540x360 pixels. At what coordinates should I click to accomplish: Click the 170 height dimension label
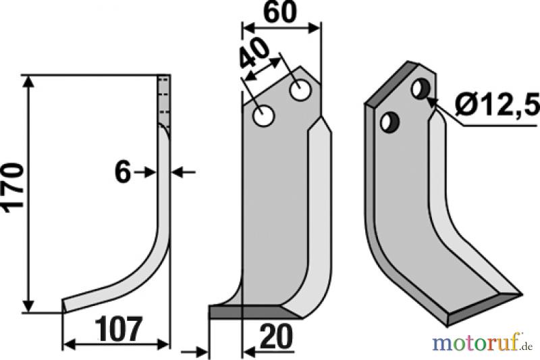click(x=13, y=188)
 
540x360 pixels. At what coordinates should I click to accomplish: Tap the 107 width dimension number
click(x=118, y=329)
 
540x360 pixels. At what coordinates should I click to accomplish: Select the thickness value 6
click(x=123, y=173)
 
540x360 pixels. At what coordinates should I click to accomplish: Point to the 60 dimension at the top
click(x=279, y=12)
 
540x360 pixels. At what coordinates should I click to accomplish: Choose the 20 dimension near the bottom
click(x=276, y=336)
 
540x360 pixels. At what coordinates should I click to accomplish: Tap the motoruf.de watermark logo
click(x=483, y=343)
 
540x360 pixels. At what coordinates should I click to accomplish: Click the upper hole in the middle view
click(x=300, y=91)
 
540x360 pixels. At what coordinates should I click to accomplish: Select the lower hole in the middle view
click(x=263, y=116)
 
